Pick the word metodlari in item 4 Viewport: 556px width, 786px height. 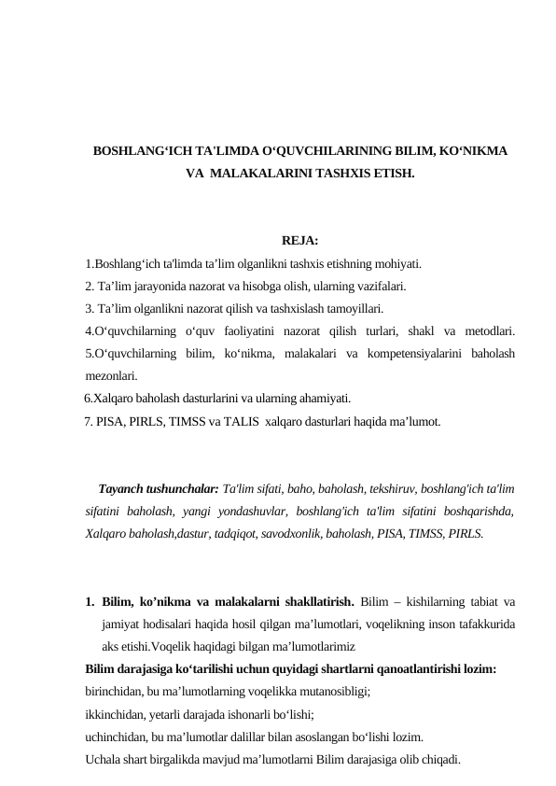493,331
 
